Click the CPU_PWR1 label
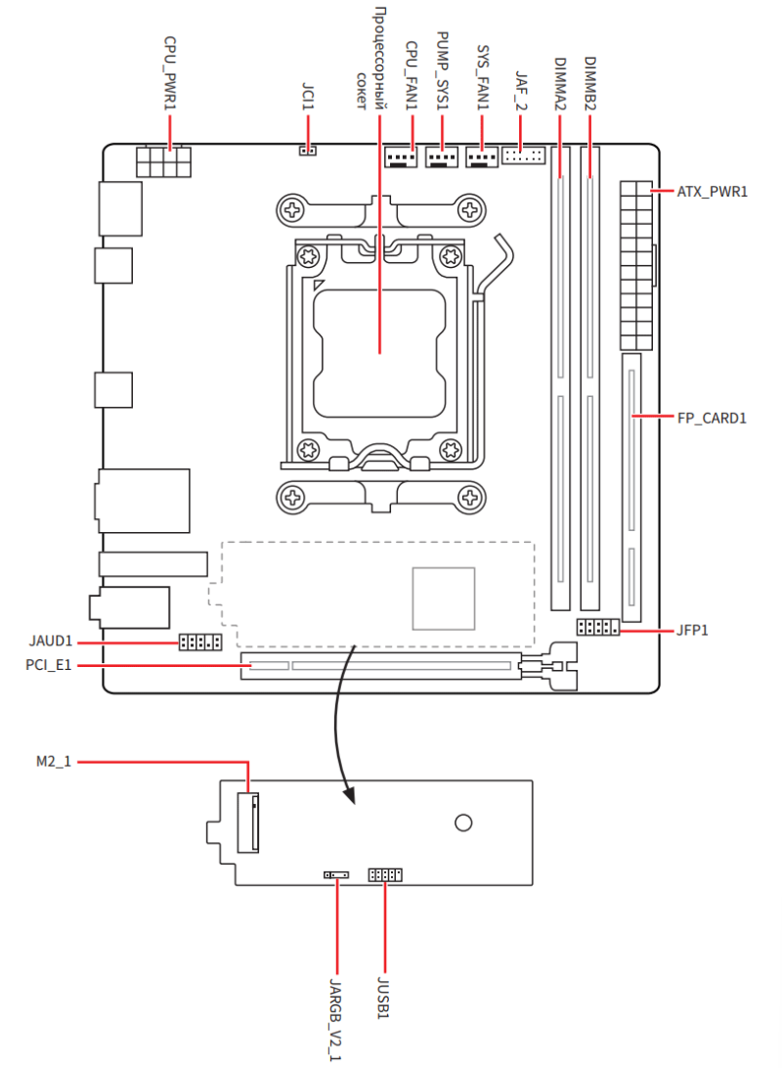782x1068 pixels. tap(170, 72)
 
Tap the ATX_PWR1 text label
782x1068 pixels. tap(712, 192)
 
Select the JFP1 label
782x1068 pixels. tap(692, 630)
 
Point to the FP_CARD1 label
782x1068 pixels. tap(712, 419)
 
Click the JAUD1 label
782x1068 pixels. tap(51, 643)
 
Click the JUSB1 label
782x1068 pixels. tap(385, 997)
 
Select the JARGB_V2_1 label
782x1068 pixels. tap(336, 1017)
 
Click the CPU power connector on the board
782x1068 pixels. tap(163, 161)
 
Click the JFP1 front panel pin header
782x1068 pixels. tap(597, 627)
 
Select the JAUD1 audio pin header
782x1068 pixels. tap(199, 643)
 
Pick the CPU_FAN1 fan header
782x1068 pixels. tap(401, 156)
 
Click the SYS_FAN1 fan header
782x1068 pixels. tap(482, 156)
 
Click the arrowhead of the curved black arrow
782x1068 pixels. tap(349, 799)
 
